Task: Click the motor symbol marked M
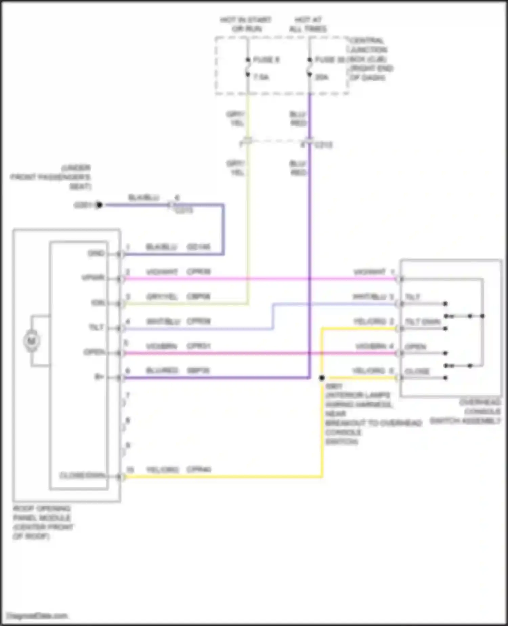31,340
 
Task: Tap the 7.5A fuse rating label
261,78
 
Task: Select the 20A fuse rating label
321,78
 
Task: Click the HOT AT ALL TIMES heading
308,24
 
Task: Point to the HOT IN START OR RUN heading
246,24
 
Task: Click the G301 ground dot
99,205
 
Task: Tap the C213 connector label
323,145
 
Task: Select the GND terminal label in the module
96,253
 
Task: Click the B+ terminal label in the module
99,377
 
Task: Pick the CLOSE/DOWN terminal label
82,476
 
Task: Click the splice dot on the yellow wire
322,378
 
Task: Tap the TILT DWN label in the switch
423,322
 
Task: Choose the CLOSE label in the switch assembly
417,371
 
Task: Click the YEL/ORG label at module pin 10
162,470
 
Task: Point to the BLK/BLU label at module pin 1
161,247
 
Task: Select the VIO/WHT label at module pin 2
162,272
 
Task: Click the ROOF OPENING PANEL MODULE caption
43,522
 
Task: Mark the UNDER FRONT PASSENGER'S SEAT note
51,177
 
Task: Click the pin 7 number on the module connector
128,395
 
